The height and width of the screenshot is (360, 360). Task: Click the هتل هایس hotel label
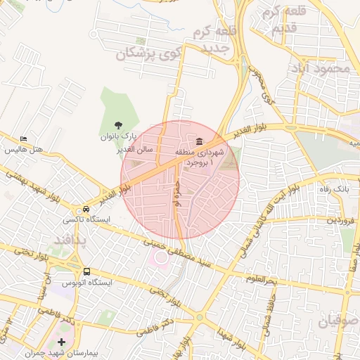point(25,150)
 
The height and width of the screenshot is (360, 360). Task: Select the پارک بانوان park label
point(117,136)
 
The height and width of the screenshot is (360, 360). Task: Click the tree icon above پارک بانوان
point(117,124)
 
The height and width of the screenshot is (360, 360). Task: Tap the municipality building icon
point(200,141)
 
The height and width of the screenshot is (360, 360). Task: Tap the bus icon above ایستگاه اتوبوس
point(86,271)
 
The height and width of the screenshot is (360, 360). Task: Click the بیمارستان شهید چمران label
point(62,353)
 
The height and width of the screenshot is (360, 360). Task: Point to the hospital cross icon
point(62,342)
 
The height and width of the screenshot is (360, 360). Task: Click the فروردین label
point(342,221)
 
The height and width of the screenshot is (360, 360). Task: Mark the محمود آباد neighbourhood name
point(323,68)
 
